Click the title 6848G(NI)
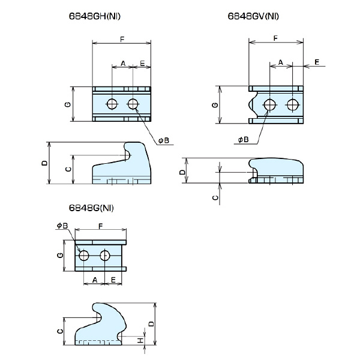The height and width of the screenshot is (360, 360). [91, 209]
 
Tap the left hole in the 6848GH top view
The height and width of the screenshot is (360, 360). [112, 104]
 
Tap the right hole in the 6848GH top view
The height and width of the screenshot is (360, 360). [133, 104]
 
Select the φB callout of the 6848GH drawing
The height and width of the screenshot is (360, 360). [164, 140]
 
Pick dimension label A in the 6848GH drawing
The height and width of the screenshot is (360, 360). [122, 63]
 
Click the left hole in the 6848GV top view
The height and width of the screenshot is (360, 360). [270, 106]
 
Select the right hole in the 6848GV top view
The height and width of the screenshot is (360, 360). [292, 106]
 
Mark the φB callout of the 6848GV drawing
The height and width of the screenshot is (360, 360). [243, 139]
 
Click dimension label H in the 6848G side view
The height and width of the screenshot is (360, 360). [140, 340]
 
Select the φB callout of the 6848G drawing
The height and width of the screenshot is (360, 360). [62, 226]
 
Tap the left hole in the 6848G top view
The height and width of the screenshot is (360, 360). [83, 256]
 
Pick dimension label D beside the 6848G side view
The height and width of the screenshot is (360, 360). [152, 323]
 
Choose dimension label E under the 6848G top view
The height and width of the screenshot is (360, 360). [113, 280]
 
